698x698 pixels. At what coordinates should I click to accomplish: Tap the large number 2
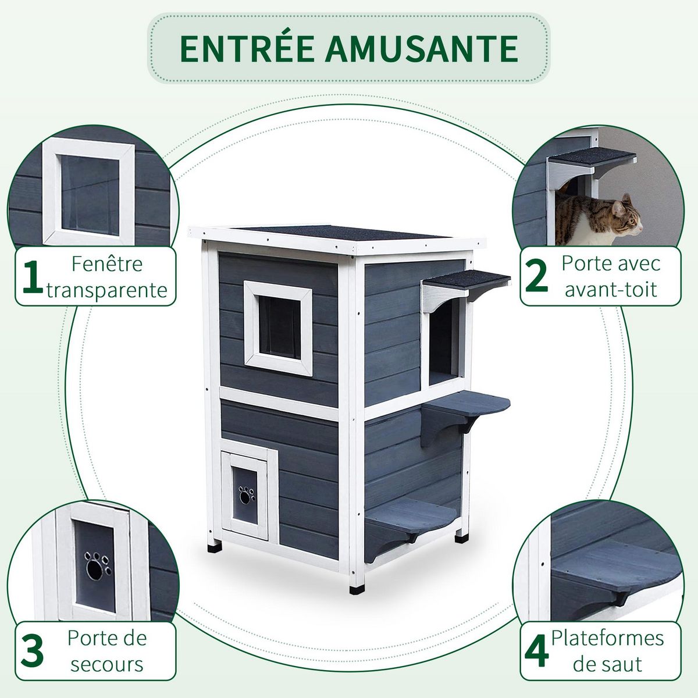pos(536,277)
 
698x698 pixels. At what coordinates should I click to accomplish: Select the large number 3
pos(32,651)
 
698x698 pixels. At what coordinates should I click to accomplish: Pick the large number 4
pos(536,651)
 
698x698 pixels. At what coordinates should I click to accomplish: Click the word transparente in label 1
pos(107,290)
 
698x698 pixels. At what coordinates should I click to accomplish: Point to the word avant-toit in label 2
pos(611,289)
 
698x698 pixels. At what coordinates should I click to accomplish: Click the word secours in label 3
pos(107,664)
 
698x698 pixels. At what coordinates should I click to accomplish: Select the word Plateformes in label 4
pos(607,638)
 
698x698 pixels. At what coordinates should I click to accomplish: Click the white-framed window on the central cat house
pos(278,327)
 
